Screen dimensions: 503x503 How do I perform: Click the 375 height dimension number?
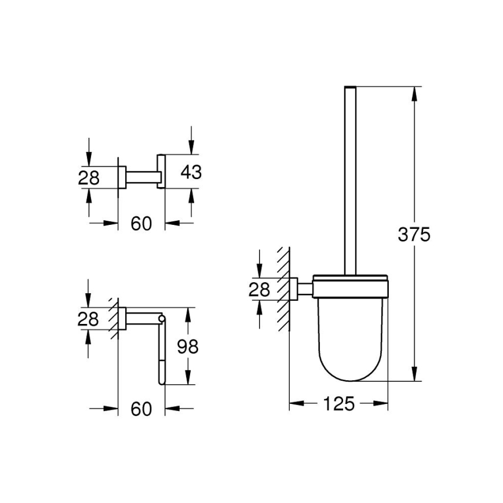(414, 235)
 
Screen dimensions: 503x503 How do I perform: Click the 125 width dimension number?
(338, 404)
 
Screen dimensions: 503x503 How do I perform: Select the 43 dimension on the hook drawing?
(191, 172)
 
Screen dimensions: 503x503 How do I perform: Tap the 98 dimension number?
(187, 347)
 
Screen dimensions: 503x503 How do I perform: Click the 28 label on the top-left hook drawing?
(89, 177)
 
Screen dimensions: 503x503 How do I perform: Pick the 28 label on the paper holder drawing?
(89, 319)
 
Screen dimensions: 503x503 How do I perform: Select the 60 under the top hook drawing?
(141, 223)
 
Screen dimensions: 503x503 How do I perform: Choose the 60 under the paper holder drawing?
(141, 409)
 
